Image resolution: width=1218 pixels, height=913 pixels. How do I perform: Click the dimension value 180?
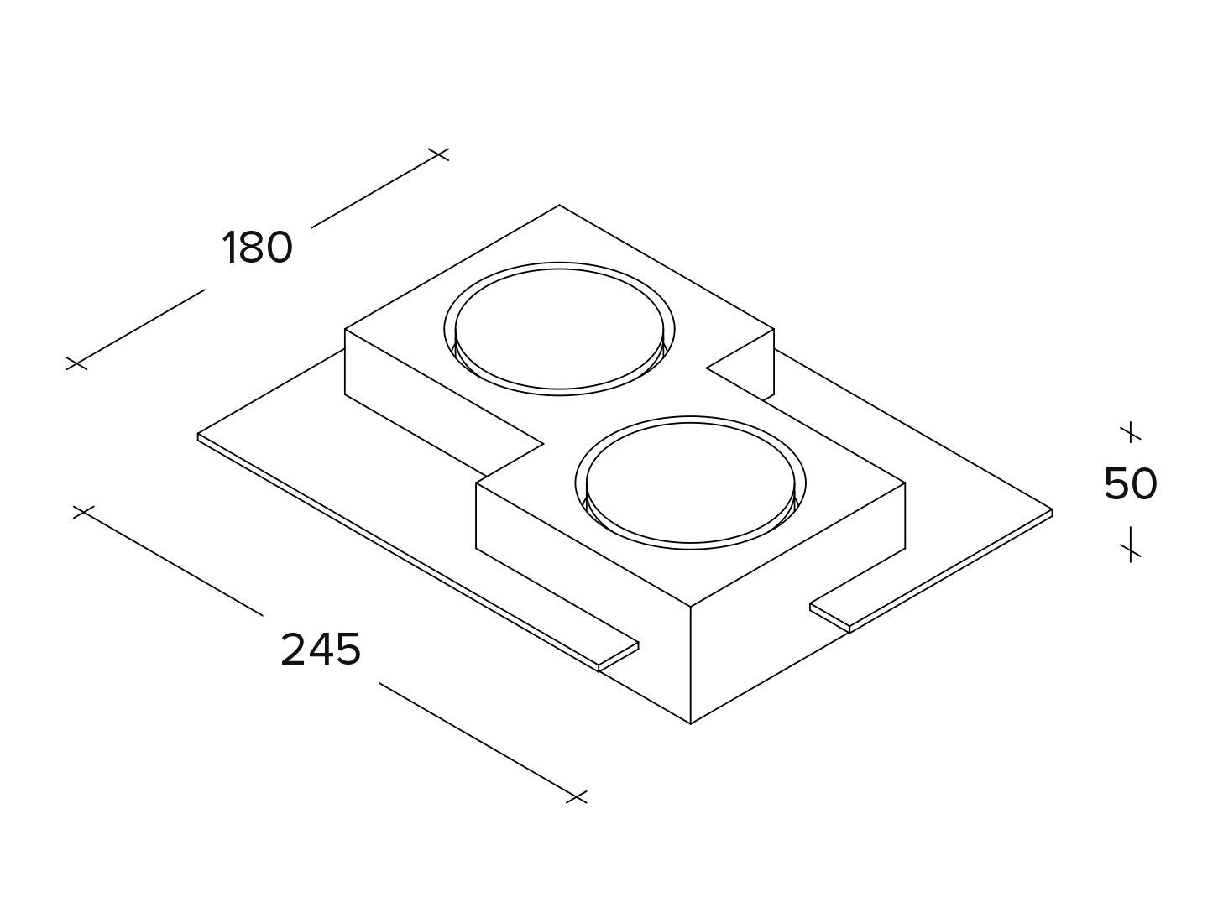pyautogui.click(x=257, y=248)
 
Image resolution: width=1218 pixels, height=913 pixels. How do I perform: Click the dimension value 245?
pyautogui.click(x=321, y=650)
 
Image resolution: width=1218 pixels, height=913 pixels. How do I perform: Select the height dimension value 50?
pyautogui.click(x=1130, y=484)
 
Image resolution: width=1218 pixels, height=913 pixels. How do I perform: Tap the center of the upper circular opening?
pyautogui.click(x=558, y=329)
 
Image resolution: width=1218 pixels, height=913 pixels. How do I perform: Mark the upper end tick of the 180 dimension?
pyautogui.click(x=438, y=154)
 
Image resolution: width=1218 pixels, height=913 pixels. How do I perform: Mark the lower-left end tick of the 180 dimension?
pyautogui.click(x=76, y=363)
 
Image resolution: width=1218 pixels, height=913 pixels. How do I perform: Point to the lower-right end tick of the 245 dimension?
pyautogui.click(x=576, y=796)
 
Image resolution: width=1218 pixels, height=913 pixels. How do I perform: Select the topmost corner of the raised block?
pyautogui.click(x=560, y=205)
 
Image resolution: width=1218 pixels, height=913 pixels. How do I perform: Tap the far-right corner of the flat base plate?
pyautogui.click(x=1052, y=510)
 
